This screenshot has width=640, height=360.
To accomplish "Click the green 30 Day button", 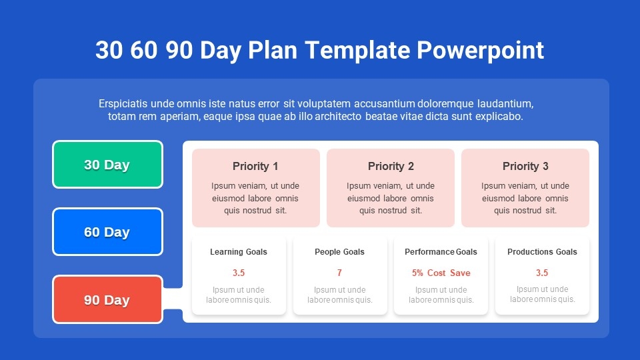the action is coord(108,165).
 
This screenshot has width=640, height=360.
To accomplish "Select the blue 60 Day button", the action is coord(108,232).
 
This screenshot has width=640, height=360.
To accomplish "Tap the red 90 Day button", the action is coord(108,299).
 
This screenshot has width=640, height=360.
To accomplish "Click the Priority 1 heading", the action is coord(255,166).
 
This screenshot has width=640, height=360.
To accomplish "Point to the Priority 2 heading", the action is coord(391,166).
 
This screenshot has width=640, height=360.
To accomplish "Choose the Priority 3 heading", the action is coord(525,166).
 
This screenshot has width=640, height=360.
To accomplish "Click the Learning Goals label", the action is coord(239,252).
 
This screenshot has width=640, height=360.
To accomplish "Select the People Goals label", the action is coord(339,252).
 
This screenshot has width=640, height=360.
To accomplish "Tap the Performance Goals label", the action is coord(441,252).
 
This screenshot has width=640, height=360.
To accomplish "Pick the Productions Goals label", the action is coord(542,252).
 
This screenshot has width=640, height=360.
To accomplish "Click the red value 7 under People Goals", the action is coord(339,273).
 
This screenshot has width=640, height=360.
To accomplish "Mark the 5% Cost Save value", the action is coord(441,273).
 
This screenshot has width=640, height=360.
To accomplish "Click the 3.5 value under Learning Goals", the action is coord(239,273).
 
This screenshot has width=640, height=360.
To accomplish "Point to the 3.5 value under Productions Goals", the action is coord(542,273).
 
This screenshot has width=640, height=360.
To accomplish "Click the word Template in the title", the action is coord(357,50).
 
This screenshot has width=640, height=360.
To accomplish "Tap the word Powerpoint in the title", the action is coord(481,50).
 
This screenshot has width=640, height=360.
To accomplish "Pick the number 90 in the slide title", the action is coord(179,50).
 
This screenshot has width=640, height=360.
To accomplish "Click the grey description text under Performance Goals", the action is coord(441,295).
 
